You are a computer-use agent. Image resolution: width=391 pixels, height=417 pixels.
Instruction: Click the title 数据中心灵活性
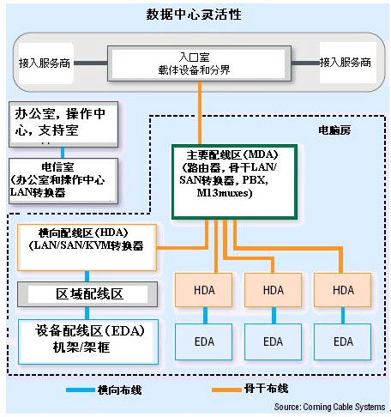point(196,15)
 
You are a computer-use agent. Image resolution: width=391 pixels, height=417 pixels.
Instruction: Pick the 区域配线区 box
point(90,293)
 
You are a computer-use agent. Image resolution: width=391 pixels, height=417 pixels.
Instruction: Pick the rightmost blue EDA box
point(343,341)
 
